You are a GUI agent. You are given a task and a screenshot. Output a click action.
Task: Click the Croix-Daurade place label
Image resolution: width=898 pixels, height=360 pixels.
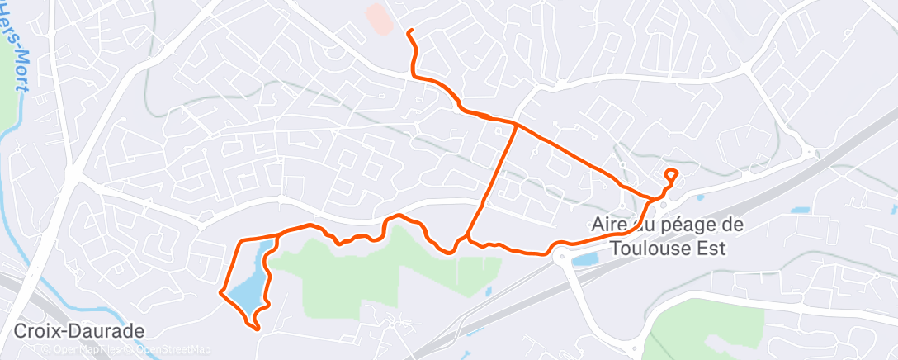(79, 331)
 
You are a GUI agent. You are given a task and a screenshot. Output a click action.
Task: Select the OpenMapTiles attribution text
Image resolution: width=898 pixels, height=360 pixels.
(85, 348)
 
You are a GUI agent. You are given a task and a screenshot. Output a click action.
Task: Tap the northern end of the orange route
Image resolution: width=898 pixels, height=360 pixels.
(409, 31)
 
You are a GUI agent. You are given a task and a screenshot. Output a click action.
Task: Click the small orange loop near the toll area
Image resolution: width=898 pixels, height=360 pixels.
(671, 174)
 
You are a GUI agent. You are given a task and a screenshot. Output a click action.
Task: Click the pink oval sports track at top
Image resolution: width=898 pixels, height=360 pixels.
(380, 19)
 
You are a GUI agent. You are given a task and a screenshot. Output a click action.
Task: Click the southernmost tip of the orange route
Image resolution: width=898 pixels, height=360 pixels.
(258, 329)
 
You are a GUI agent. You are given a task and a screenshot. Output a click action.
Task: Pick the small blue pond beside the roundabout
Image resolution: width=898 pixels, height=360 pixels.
(585, 259)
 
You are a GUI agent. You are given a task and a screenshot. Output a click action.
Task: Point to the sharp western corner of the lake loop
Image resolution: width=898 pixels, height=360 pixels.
(220, 291)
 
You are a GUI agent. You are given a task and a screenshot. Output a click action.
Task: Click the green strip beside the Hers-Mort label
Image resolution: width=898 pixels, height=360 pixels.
(8, 99)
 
